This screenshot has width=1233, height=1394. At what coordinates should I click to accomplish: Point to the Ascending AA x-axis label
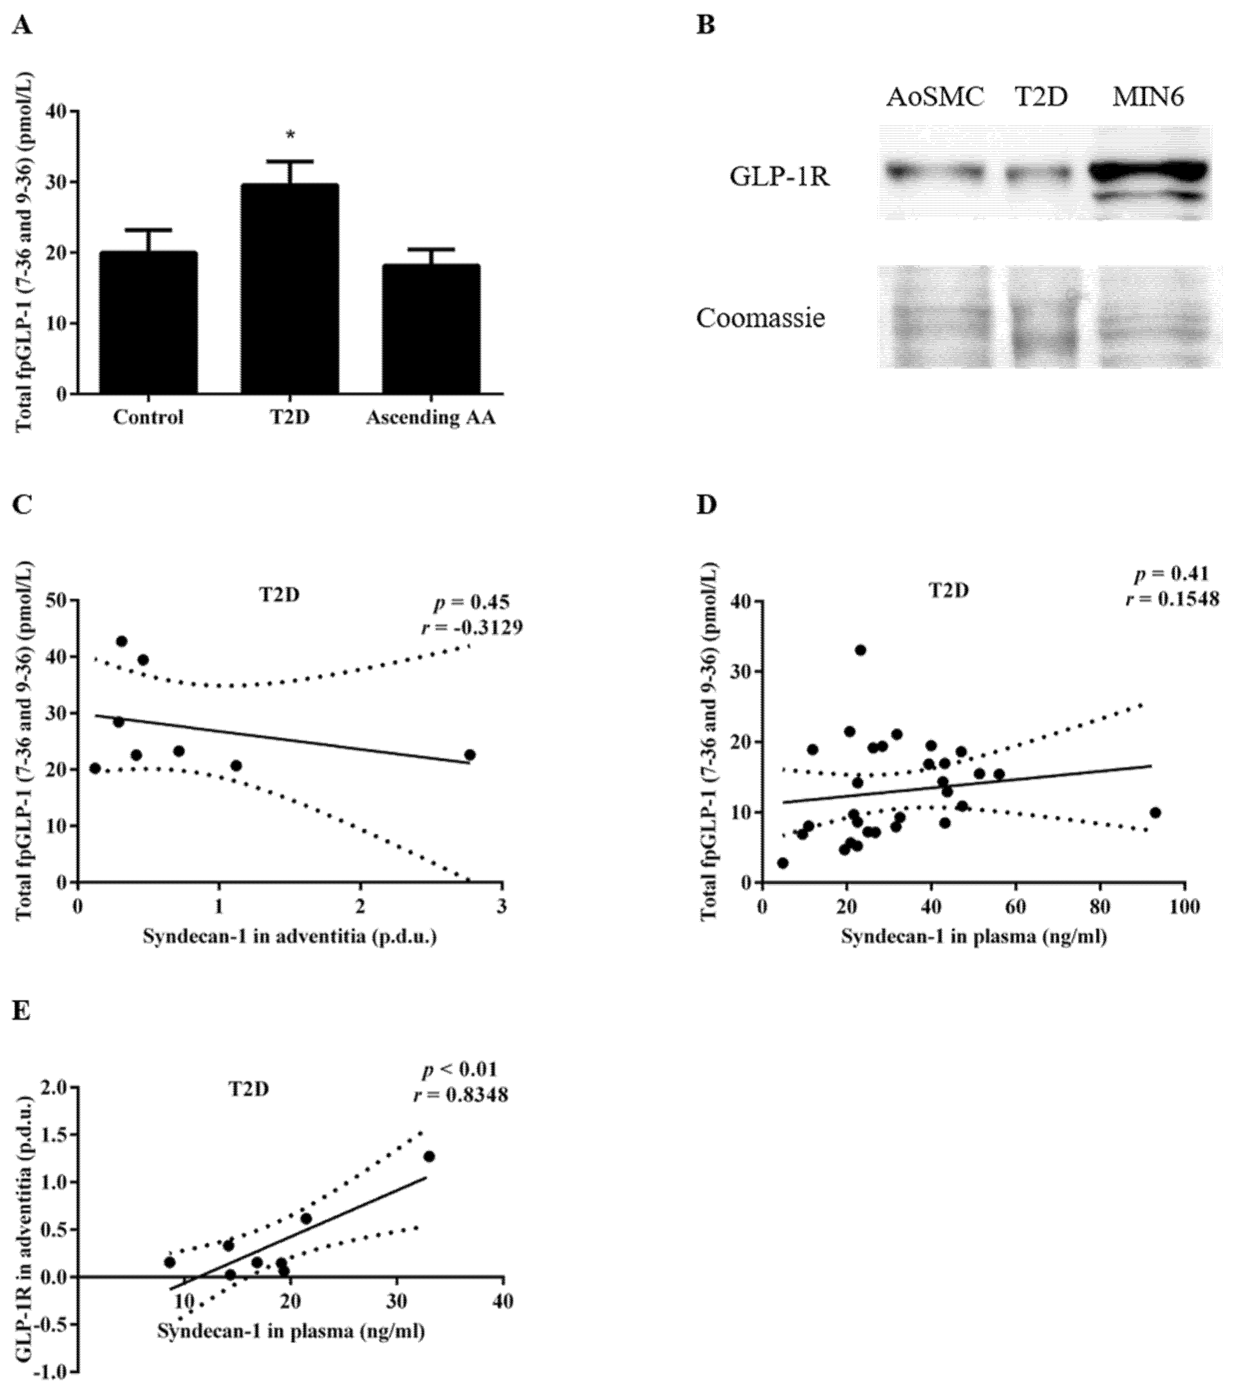(431, 417)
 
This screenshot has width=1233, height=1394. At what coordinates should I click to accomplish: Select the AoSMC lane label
(935, 98)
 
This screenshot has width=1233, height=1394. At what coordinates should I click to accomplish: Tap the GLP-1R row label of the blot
(780, 177)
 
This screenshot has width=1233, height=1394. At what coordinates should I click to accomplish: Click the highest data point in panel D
(861, 650)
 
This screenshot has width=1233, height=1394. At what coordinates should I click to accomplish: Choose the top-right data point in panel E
(429, 1156)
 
